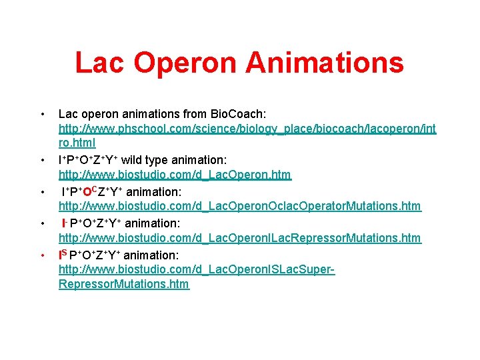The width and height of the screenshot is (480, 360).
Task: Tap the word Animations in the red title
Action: click(x=325, y=63)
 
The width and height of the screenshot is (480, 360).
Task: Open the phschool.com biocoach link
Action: click(x=247, y=127)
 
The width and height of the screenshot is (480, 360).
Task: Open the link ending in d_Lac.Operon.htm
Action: click(x=175, y=175)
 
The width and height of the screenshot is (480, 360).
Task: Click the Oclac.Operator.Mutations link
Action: click(x=240, y=207)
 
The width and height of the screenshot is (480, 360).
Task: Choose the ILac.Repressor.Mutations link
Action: click(x=240, y=238)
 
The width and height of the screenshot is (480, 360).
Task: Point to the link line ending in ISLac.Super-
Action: click(x=197, y=270)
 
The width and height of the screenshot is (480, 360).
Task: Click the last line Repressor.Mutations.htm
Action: click(x=124, y=285)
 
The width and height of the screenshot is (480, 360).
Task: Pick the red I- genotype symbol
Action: click(x=64, y=223)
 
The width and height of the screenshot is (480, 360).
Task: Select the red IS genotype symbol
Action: click(x=63, y=254)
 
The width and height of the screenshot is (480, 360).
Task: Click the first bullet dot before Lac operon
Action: click(x=42, y=112)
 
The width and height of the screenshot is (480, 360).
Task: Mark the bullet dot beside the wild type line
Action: click(x=42, y=161)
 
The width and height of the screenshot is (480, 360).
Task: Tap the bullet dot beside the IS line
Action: click(x=42, y=255)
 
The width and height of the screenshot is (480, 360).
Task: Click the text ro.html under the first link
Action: click(x=77, y=143)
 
